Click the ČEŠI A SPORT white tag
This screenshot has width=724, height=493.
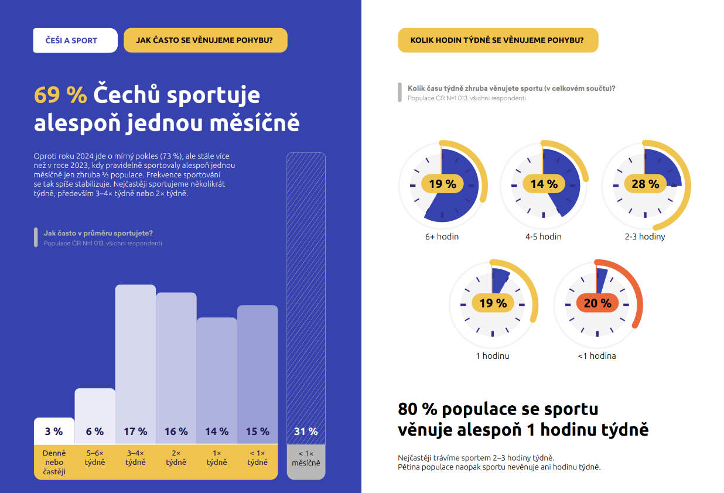[75, 40]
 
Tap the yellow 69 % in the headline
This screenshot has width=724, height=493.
[60, 95]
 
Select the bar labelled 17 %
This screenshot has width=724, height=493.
[135, 363]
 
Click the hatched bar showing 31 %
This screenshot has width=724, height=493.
[306, 293]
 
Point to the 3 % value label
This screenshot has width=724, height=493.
[54, 432]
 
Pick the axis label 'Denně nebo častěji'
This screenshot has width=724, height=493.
[54, 462]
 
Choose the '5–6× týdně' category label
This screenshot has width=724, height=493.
[95, 458]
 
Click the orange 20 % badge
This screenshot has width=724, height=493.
[597, 303]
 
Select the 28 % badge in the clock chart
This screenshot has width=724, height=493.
[646, 184]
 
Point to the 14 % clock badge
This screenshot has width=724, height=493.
[544, 184]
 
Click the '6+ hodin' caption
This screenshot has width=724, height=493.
[442, 237]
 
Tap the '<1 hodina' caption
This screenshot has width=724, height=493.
[597, 355]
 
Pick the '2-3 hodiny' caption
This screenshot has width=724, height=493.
[645, 237]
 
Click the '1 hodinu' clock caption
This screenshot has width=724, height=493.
[492, 355]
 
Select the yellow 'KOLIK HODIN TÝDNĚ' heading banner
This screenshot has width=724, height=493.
[498, 40]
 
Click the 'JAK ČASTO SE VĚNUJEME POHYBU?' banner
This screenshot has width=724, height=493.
[205, 40]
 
